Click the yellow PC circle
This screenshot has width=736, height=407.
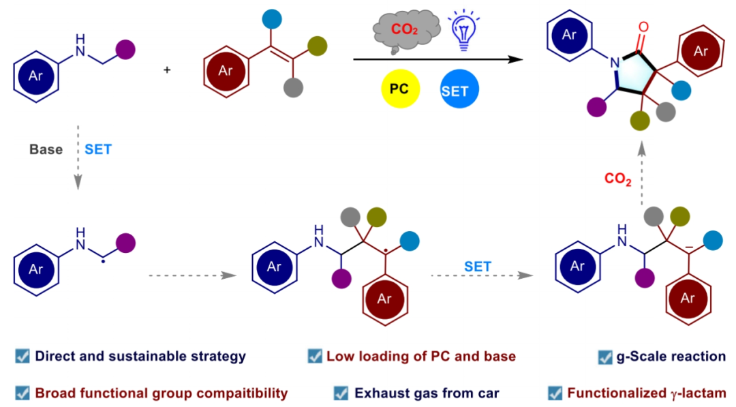click(399, 89)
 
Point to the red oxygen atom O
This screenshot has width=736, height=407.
click(644, 29)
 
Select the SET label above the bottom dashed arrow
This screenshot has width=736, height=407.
click(477, 267)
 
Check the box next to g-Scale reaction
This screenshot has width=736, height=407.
click(604, 357)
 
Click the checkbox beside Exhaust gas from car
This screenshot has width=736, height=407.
click(341, 393)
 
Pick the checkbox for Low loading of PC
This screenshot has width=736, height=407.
click(315, 356)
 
